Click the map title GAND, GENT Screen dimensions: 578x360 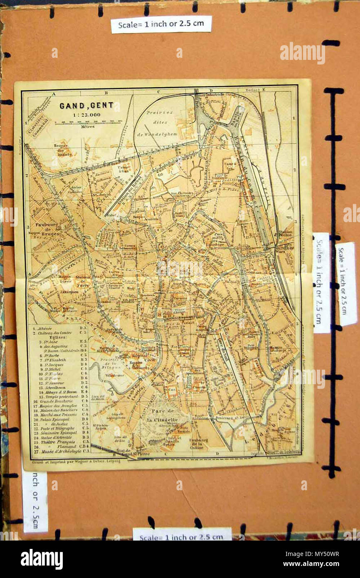(x=86, y=105)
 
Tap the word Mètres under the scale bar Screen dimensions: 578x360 (x=88, y=126)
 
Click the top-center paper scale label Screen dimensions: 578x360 (x=161, y=25)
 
